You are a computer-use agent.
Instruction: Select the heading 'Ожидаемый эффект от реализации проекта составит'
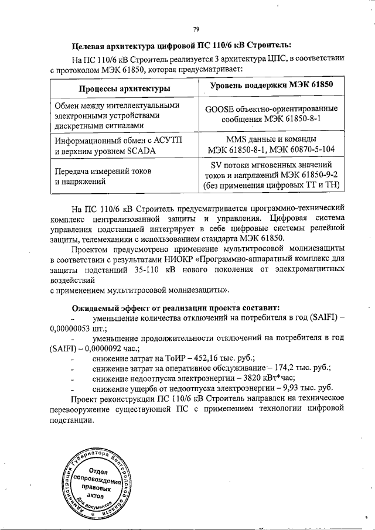pos(176,307)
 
